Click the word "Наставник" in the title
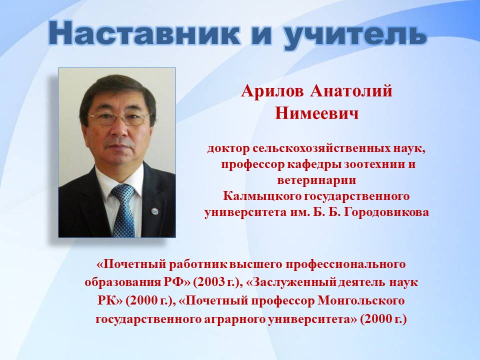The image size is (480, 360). click(144, 34)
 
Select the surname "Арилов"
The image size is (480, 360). click(272, 91)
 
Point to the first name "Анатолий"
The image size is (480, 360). click(351, 91)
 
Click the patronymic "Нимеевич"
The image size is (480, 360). click(317, 113)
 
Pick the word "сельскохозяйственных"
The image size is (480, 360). click(321, 149)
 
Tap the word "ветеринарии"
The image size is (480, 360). click(317, 180)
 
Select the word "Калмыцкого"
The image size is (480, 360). click(261, 196)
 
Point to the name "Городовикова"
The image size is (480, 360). click(386, 212)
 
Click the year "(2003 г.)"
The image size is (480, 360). click(216, 282)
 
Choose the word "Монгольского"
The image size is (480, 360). click(361, 300)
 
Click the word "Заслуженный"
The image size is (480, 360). click(291, 282)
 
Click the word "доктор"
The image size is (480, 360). click(228, 149)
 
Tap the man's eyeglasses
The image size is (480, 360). click(119, 119)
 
